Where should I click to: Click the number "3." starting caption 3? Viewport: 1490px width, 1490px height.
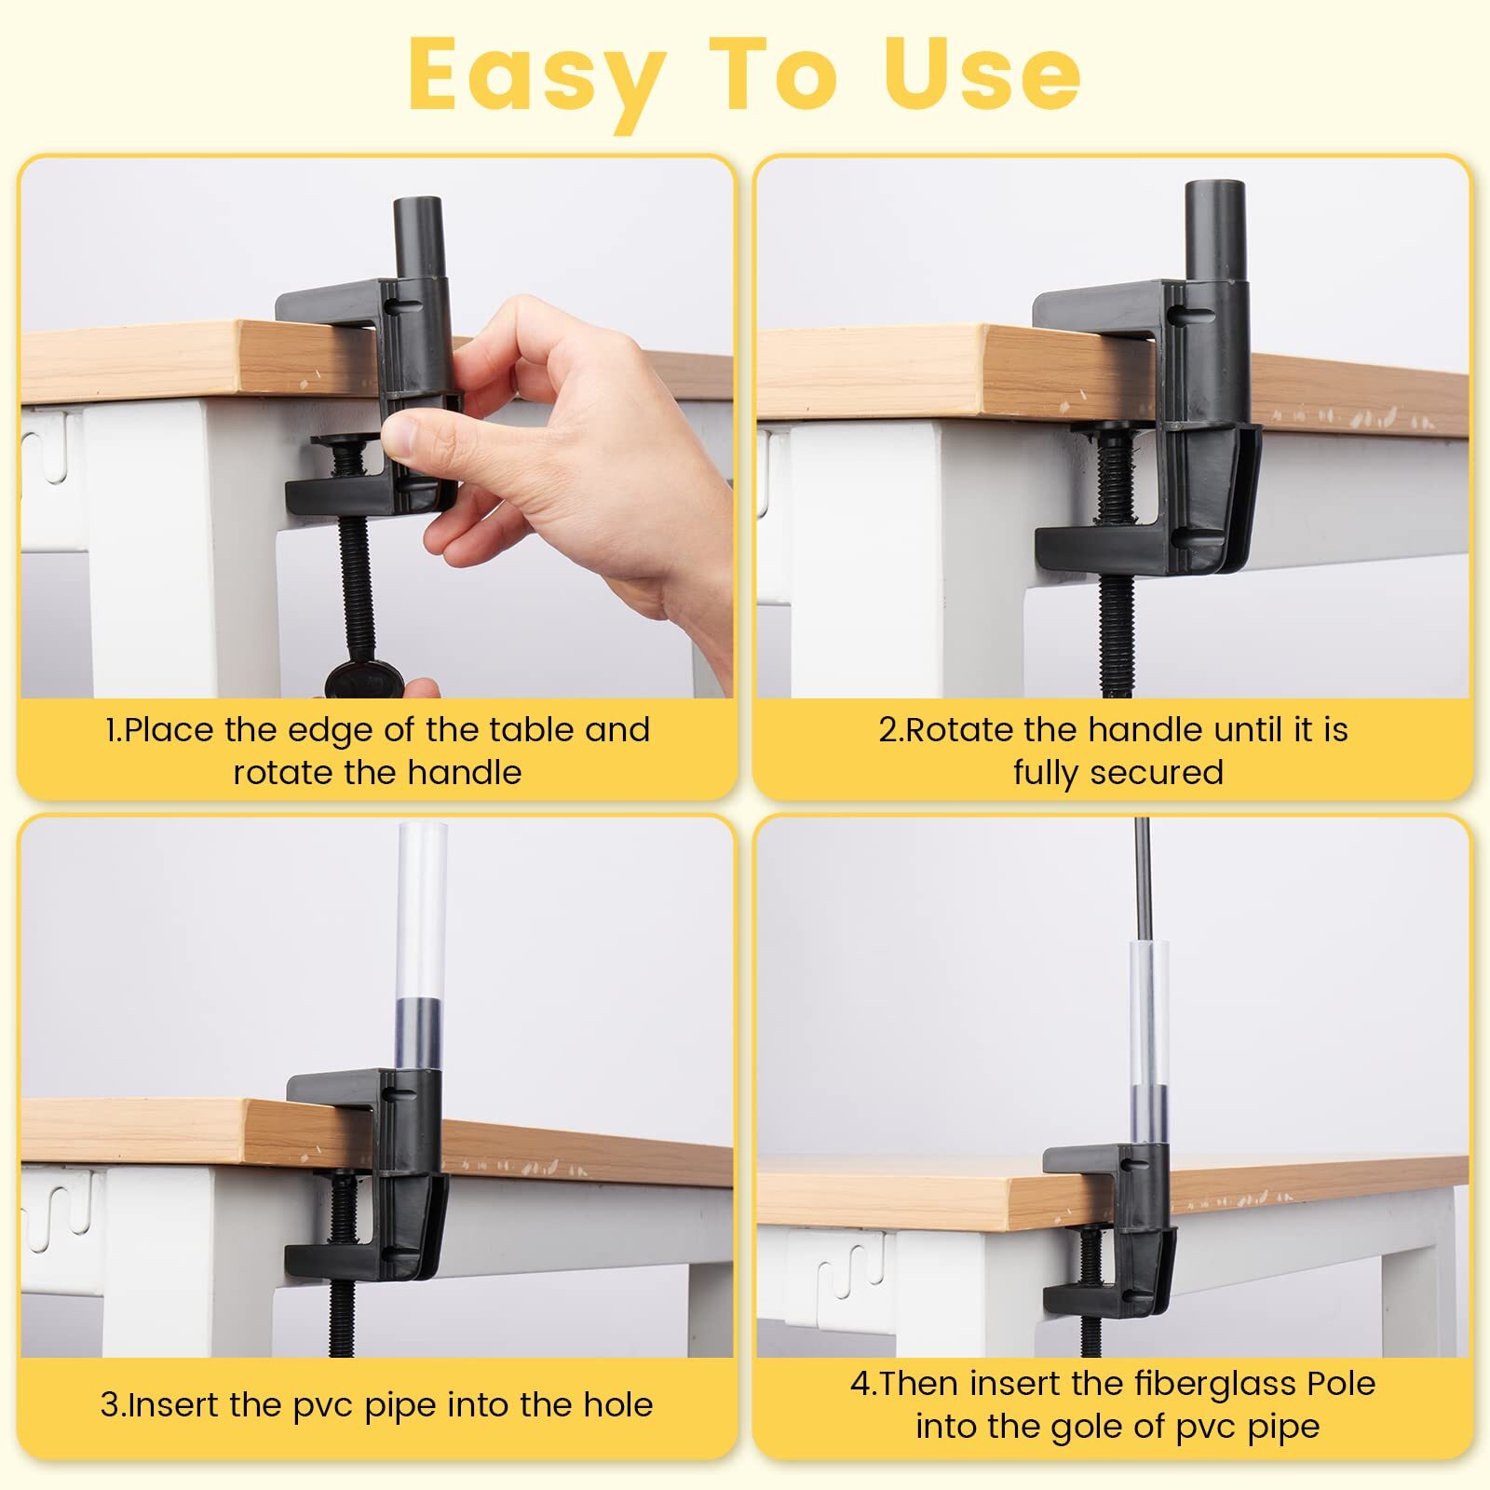[x=113, y=1404]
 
